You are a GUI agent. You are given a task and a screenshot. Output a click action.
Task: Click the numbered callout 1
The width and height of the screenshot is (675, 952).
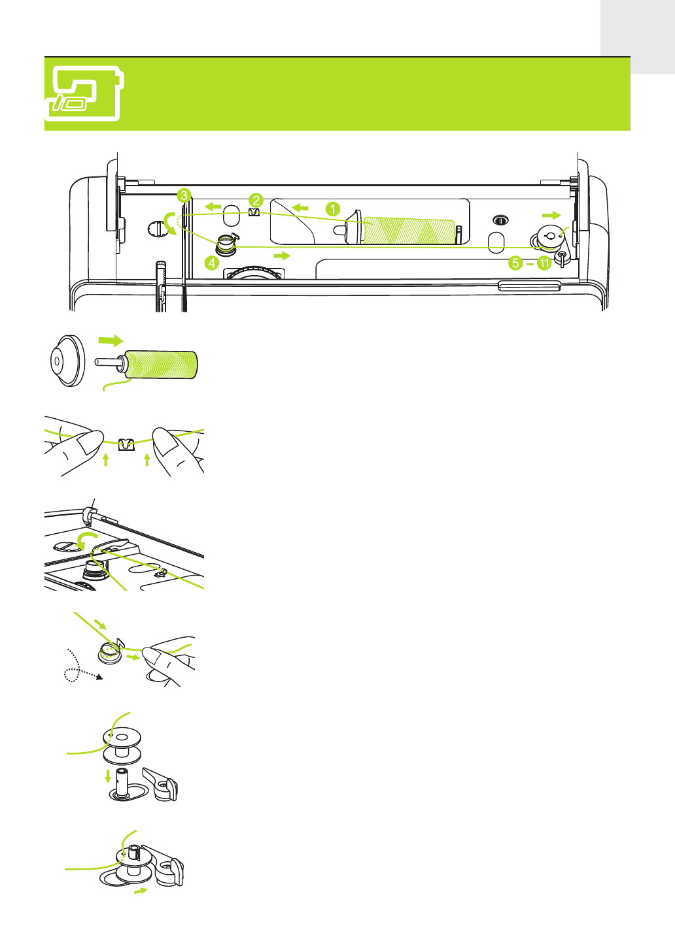tap(333, 209)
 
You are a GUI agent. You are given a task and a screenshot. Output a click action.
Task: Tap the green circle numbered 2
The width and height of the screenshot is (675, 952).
tap(256, 201)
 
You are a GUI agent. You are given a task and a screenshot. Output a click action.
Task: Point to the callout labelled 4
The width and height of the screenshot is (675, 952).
tap(211, 263)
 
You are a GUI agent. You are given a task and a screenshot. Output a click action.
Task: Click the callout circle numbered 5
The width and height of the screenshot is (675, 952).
tap(515, 263)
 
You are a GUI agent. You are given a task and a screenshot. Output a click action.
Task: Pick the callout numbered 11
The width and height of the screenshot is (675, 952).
tap(544, 263)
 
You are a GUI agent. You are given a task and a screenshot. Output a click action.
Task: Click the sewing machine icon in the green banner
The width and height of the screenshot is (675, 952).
tap(84, 93)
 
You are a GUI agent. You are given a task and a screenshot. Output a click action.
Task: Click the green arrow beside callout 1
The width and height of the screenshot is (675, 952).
tap(300, 208)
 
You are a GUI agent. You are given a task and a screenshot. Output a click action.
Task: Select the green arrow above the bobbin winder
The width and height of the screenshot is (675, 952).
tap(551, 215)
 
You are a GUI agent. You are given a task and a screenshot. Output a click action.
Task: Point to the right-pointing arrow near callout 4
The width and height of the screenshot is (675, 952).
tap(282, 255)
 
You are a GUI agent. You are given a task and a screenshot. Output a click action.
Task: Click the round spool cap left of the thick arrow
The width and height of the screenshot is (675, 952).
tap(67, 361)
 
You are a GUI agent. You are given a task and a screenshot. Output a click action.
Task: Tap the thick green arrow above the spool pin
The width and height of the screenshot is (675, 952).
tap(110, 340)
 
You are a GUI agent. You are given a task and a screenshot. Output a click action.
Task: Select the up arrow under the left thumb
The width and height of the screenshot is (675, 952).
tap(106, 459)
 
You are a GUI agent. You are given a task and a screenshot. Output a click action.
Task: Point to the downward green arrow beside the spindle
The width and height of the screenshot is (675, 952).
tap(108, 776)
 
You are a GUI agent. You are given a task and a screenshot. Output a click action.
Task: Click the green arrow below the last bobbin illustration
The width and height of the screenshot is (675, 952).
tap(140, 891)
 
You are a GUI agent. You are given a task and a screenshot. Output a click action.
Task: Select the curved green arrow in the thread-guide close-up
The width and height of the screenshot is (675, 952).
tap(84, 540)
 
